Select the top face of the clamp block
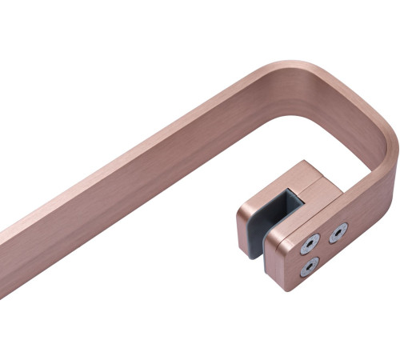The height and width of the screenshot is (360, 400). point(302,178)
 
